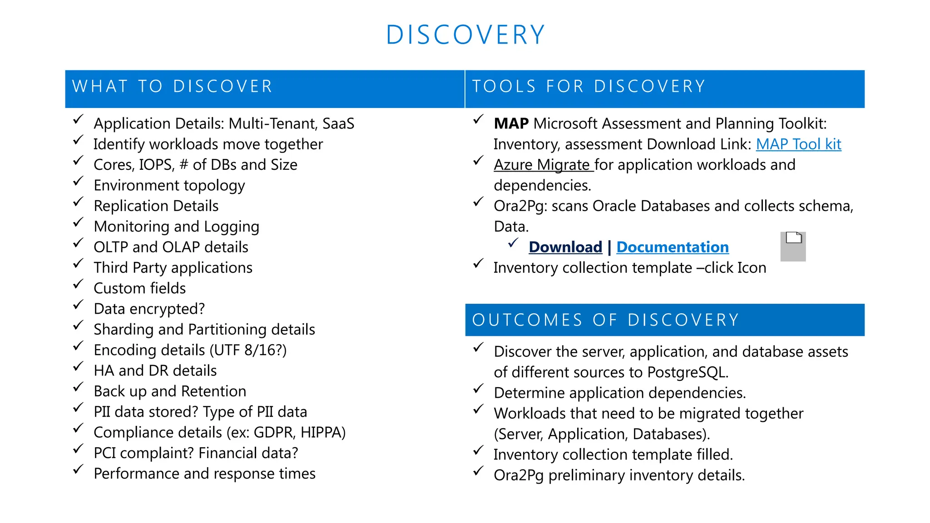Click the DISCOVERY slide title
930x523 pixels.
[465, 35]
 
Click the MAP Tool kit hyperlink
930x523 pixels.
[798, 144]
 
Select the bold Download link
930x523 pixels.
[565, 247]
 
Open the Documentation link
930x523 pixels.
[672, 247]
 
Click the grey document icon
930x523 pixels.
[793, 247]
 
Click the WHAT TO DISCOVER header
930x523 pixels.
[173, 87]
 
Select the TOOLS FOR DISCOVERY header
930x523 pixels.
[589, 87]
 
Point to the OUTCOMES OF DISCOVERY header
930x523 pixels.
[606, 320]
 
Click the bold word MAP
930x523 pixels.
[511, 123]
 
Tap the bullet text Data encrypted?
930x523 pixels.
[149, 309]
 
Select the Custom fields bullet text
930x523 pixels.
[139, 288]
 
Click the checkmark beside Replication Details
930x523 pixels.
[79, 202]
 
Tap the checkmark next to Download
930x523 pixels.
[513, 243]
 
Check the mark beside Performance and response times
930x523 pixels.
[79, 469]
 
